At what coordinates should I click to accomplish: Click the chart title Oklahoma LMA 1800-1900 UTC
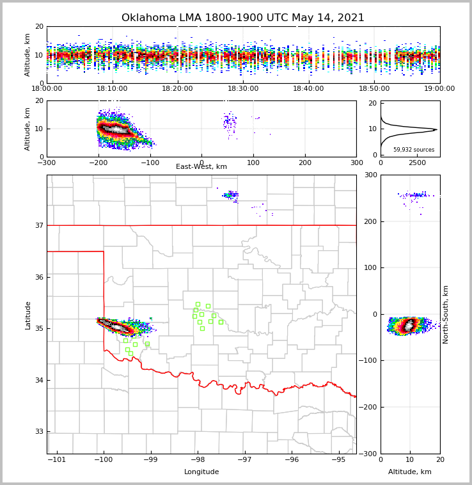coord(242,18)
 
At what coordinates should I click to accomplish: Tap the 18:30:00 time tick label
coord(243,88)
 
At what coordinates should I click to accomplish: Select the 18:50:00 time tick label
coord(374,88)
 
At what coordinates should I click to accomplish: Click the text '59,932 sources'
coord(414,150)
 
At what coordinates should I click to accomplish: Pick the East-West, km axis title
coord(201,167)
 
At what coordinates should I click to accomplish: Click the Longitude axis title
coord(201,472)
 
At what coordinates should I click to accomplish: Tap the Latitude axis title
coord(28,315)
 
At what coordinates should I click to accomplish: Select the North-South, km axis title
coord(446,314)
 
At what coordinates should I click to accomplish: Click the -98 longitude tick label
coord(198,459)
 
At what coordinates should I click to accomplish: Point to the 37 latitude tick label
coord(39,226)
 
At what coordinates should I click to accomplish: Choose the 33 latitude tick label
coord(39,432)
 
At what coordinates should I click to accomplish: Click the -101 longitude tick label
coord(57,459)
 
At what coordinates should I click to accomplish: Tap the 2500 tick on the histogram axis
coord(417,163)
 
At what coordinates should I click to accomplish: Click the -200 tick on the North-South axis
coord(370,407)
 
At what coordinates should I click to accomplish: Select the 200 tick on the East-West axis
coord(305,163)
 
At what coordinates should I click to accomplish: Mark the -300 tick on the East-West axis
coord(47,163)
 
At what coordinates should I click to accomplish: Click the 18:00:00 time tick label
coord(47,88)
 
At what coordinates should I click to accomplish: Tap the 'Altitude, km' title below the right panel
coord(410,472)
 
